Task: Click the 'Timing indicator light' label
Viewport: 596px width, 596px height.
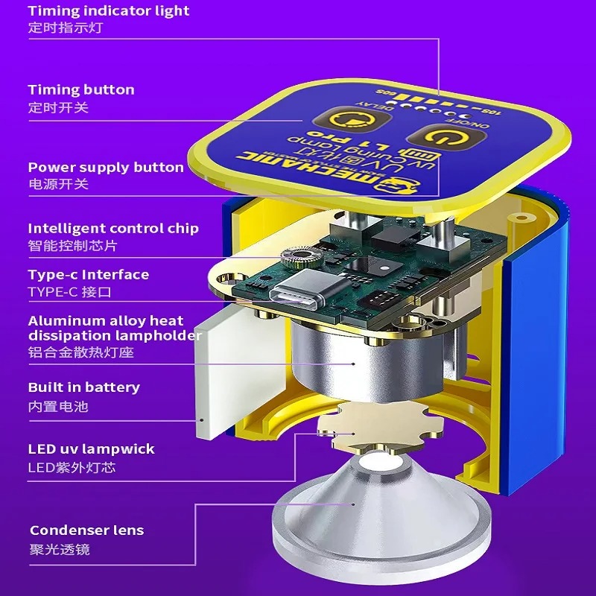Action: pos(109,11)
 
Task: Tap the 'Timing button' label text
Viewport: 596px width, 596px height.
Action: pos(81,90)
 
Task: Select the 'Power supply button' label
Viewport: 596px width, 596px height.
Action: pos(106,168)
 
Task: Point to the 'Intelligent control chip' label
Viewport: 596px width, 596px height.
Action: pos(113,229)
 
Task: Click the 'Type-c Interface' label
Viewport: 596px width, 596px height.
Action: pos(89,275)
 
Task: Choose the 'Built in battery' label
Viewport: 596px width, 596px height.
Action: pos(84,387)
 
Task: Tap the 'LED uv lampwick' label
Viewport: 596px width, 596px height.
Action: pos(92,449)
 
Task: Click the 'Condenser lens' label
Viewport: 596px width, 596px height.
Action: pos(87,530)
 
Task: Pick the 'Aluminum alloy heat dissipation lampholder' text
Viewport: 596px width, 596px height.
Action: pos(115,329)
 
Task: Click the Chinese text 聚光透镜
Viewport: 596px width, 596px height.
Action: pos(60,550)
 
